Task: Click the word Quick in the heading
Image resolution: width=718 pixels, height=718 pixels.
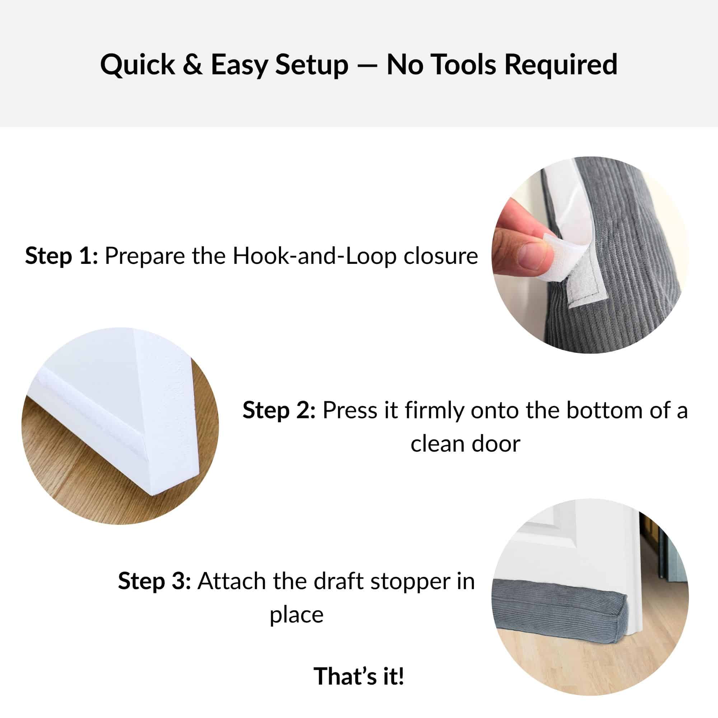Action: [137, 65]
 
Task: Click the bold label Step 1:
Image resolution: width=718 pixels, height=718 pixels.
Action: [62, 256]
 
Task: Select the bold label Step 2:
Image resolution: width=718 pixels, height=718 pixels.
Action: [279, 411]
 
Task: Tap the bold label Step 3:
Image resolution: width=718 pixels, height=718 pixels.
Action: [155, 581]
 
